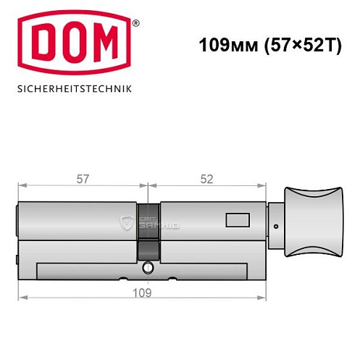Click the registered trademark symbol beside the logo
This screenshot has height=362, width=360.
[x=135, y=23]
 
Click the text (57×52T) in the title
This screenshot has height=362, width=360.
[x=293, y=44]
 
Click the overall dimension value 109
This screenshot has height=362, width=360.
[x=143, y=293]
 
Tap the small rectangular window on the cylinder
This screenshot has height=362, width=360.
[x=236, y=218]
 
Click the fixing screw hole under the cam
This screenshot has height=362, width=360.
[x=148, y=267]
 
